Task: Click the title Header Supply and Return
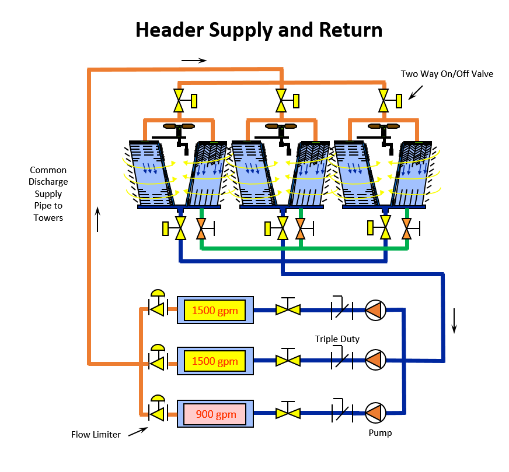point(259,30)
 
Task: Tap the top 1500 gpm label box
point(215,311)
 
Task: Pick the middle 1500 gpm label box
point(215,362)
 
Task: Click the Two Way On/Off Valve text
point(447,74)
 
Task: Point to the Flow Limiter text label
point(96,434)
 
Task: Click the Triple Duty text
point(337,339)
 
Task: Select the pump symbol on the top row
point(375,311)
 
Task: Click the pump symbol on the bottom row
point(375,413)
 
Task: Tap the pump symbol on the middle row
point(375,361)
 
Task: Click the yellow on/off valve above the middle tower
point(281,100)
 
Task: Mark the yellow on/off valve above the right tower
point(384,100)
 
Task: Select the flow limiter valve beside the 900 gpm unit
point(156,413)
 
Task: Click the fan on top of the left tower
point(179,126)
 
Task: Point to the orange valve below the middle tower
point(301,228)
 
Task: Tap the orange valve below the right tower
point(406,228)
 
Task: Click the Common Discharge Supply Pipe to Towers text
point(48,193)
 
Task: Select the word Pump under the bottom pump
point(380,433)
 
